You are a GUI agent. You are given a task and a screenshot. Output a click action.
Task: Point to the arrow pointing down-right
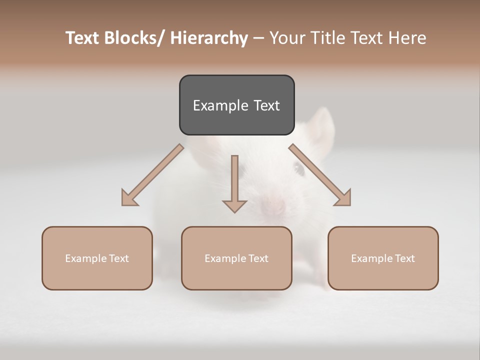320,175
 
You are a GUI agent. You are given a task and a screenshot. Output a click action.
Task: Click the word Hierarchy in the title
209,38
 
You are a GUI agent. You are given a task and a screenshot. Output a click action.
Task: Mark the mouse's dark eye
299,169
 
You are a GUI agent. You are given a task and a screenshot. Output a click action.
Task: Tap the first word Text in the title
83,38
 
